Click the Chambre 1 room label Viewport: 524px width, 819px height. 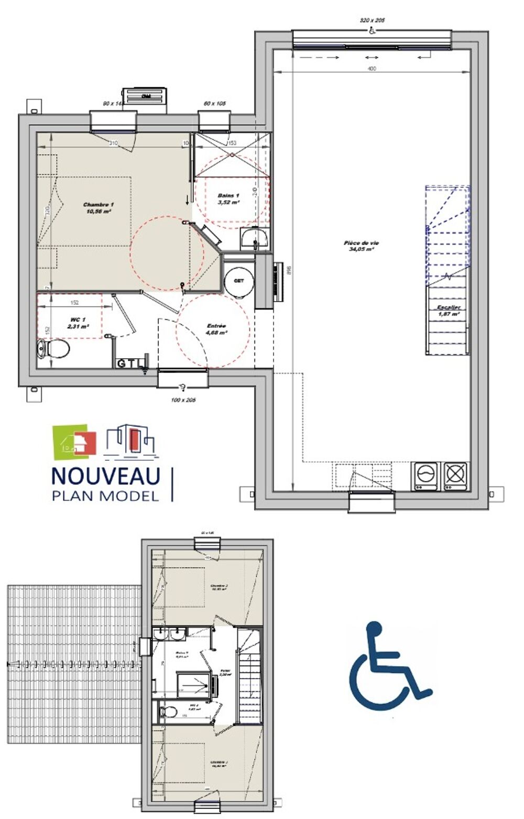click(99, 207)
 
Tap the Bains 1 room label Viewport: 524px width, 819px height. click(228, 198)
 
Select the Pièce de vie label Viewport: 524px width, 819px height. click(362, 246)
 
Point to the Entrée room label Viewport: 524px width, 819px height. click(216, 328)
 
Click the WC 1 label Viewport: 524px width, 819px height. click(78, 322)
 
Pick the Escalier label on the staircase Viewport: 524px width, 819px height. click(449, 311)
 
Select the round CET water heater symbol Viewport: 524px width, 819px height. click(239, 281)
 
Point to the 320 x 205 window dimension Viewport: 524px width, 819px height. click(372, 20)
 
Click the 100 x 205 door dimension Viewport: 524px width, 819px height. click(183, 400)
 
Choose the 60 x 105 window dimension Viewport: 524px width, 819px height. click(214, 104)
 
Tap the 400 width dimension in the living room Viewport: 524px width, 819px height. click(372, 69)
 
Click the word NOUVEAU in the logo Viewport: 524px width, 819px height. click(105, 475)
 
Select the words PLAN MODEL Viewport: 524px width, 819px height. click(105, 495)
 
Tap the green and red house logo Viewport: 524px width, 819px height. click(75, 439)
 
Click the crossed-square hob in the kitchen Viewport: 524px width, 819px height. click(455, 474)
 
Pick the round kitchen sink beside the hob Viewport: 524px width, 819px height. click(425, 474)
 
